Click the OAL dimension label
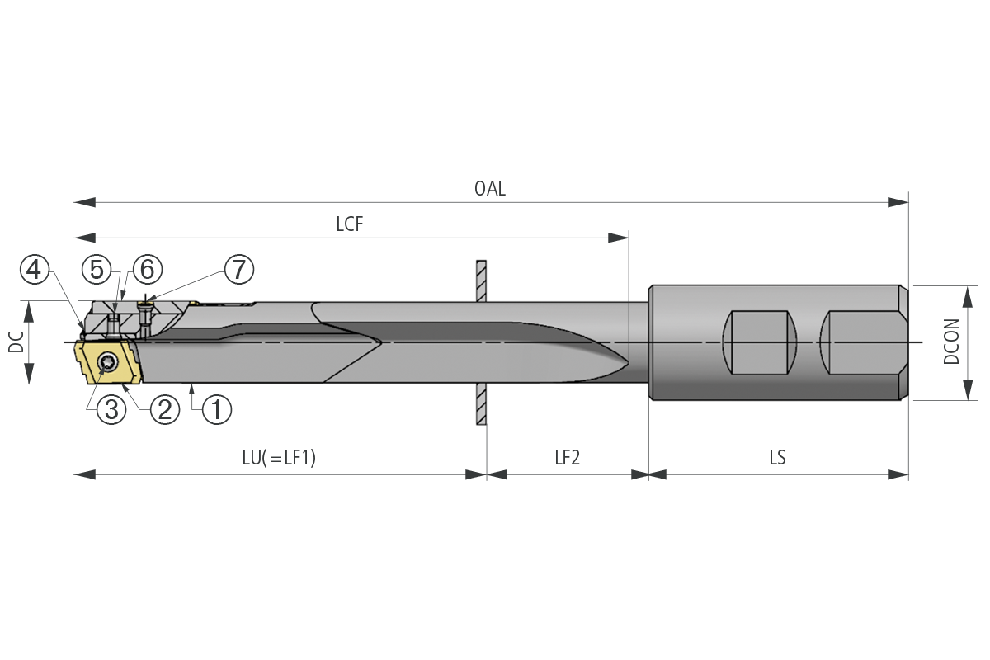(490, 189)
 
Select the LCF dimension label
(350, 224)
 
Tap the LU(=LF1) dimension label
(279, 458)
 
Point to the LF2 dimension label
(567, 458)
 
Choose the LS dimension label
(777, 458)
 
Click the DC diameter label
(16, 342)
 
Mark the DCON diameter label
(951, 342)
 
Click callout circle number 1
(216, 410)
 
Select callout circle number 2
(165, 410)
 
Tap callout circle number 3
(111, 410)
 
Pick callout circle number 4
(35, 270)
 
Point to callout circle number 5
(97, 270)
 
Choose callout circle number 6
(148, 270)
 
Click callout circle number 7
(239, 270)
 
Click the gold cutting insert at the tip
(108, 362)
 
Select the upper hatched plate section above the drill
(481, 280)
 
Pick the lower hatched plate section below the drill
(481, 403)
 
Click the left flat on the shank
(759, 342)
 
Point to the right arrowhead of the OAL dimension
(898, 202)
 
